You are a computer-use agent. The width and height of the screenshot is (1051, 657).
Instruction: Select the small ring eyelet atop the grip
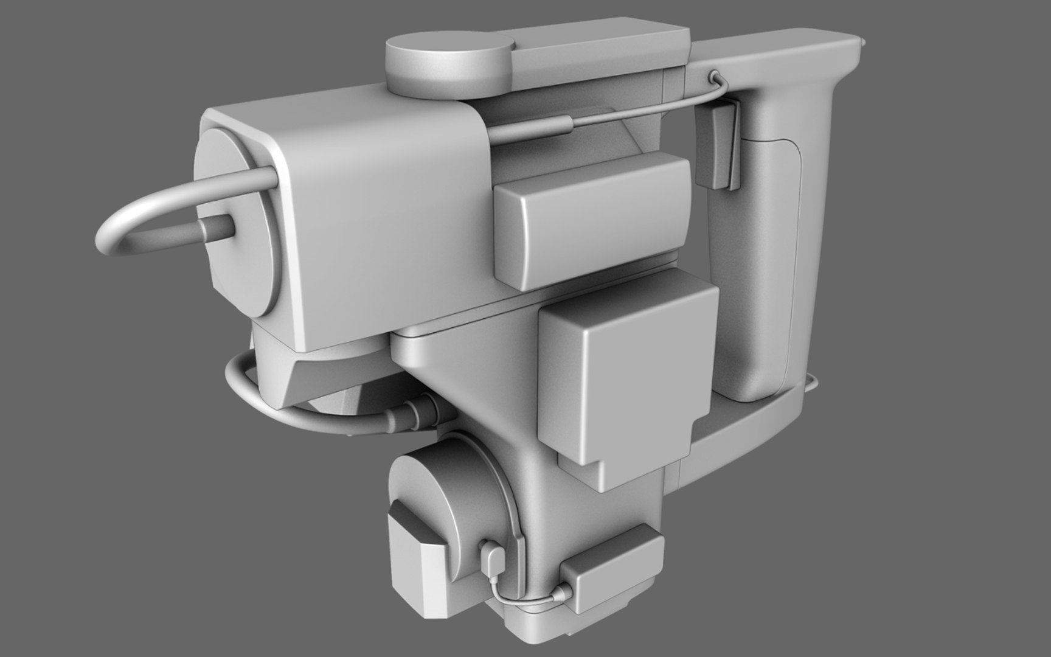point(713,76)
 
